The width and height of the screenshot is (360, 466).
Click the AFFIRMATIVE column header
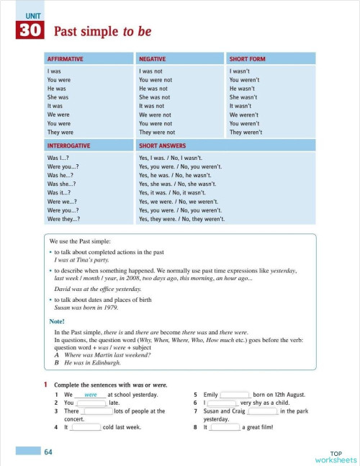(66, 58)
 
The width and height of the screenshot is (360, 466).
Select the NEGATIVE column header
(153, 58)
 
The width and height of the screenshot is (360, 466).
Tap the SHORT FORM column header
(246, 58)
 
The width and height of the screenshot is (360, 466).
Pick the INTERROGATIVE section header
(71, 145)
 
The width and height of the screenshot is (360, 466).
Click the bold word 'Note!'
(57, 321)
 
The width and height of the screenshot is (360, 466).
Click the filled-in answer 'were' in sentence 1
(91, 395)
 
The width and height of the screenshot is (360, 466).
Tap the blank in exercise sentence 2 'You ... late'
(91, 403)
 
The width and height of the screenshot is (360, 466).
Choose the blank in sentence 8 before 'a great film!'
(225, 427)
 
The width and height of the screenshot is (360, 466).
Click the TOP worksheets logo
(335, 456)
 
